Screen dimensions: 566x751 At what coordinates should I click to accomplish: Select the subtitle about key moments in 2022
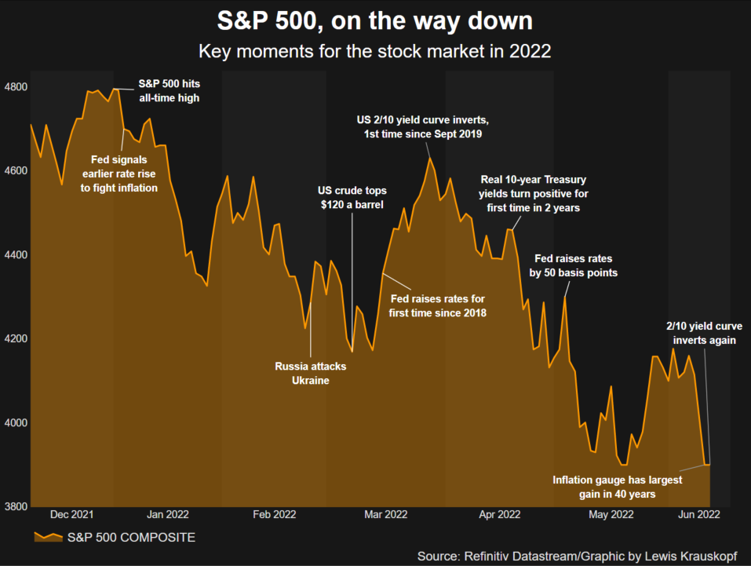click(x=375, y=53)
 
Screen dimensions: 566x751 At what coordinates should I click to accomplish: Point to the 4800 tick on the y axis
click(x=16, y=86)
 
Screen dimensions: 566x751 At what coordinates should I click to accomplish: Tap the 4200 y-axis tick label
click(x=16, y=338)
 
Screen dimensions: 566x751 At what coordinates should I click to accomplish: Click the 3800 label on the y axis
click(x=16, y=506)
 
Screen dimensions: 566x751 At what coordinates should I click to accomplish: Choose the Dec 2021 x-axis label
click(x=71, y=515)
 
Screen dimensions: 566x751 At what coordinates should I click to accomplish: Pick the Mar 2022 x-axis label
click(x=385, y=515)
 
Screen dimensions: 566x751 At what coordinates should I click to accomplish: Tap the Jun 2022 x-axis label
click(x=698, y=515)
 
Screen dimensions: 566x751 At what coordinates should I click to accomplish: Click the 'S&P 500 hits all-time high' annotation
click(x=169, y=90)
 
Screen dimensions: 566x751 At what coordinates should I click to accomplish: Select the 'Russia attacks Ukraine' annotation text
click(x=310, y=373)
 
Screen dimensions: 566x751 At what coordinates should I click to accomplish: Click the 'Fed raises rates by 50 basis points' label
click(x=573, y=265)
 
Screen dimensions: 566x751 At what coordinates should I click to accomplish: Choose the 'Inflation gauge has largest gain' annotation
click(x=618, y=487)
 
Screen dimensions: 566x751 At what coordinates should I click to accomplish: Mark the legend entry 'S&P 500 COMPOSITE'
click(x=116, y=538)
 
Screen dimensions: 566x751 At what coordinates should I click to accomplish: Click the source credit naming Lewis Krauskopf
click(x=577, y=555)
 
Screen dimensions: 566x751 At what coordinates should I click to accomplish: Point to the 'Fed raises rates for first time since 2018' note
click(x=438, y=305)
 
